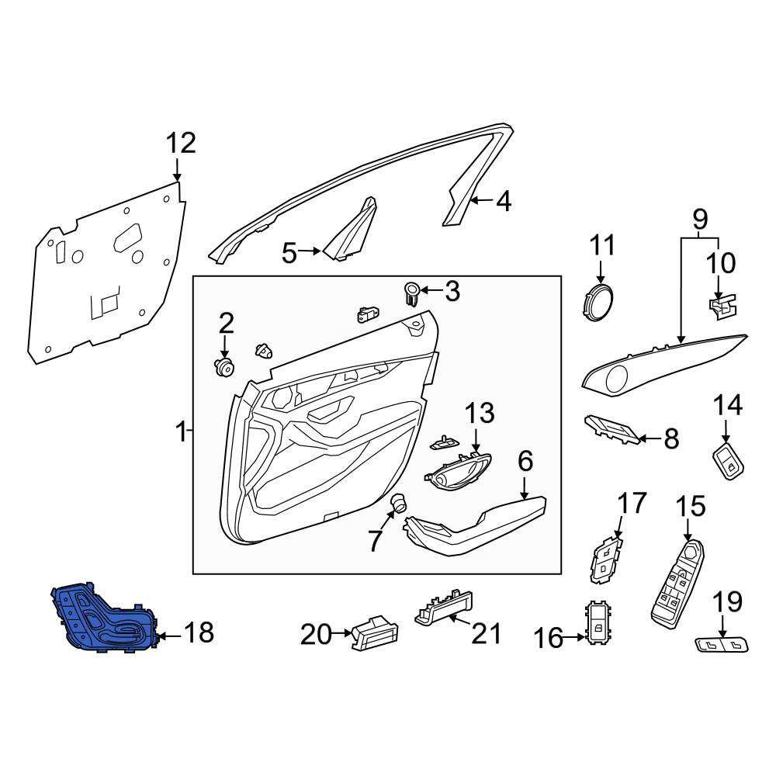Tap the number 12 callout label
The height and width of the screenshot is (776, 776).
pyautogui.click(x=181, y=144)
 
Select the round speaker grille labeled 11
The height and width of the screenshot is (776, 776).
pyautogui.click(x=597, y=303)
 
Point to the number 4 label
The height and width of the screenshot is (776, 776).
pyautogui.click(x=504, y=202)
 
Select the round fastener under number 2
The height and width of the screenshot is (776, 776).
pyautogui.click(x=224, y=368)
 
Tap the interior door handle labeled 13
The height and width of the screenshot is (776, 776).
pyautogui.click(x=458, y=471)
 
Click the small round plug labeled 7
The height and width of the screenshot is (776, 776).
pyautogui.click(x=398, y=502)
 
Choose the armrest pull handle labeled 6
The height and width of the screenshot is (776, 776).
pyautogui.click(x=475, y=527)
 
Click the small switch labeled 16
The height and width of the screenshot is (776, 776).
pyautogui.click(x=598, y=623)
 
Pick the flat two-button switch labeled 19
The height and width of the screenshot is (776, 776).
pyautogui.click(x=722, y=645)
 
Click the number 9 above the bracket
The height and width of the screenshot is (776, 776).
pyautogui.click(x=700, y=220)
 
